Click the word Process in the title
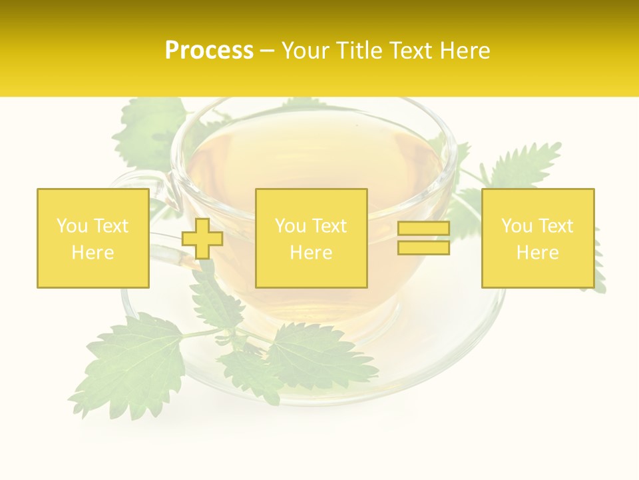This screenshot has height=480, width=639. tap(209, 51)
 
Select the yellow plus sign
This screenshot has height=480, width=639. tap(202, 238)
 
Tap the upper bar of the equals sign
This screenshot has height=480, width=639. tap(423, 229)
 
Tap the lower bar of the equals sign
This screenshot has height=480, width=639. tap(423, 247)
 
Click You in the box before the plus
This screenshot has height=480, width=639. tap(71, 226)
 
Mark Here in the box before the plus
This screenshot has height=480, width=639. tap(93, 253)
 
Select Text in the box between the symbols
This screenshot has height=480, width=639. tap(329, 226)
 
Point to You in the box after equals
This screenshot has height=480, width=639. tap(516, 226)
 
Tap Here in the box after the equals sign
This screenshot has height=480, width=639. tap(538, 253)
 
